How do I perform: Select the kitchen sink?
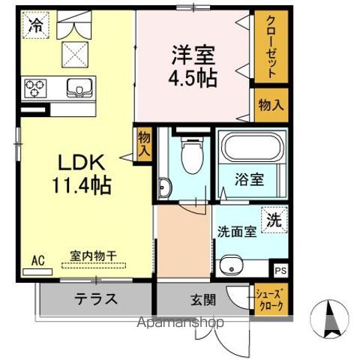coord(77,88)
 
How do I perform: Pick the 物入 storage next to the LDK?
coord(145,142)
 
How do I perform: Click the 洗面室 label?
coord(237,232)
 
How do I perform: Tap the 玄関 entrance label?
coord(202,300)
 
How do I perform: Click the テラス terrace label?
coord(94,299)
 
